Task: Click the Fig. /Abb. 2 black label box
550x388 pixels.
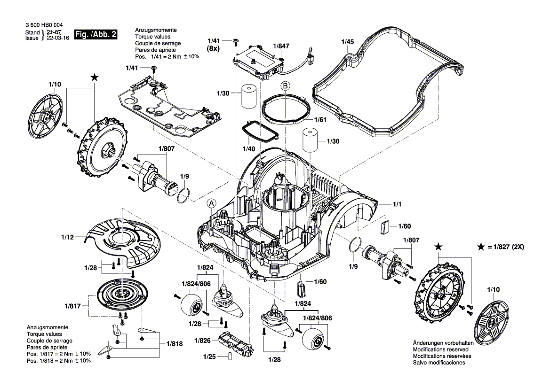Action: pos(97,35)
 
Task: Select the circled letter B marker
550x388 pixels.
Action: pos(285,86)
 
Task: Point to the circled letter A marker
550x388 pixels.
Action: pos(212,203)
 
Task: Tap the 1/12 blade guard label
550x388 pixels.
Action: pos(67,238)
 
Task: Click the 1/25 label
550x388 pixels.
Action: pos(209,357)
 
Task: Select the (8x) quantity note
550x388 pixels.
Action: pos(214,48)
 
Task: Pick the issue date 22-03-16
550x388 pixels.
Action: pos(57,39)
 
